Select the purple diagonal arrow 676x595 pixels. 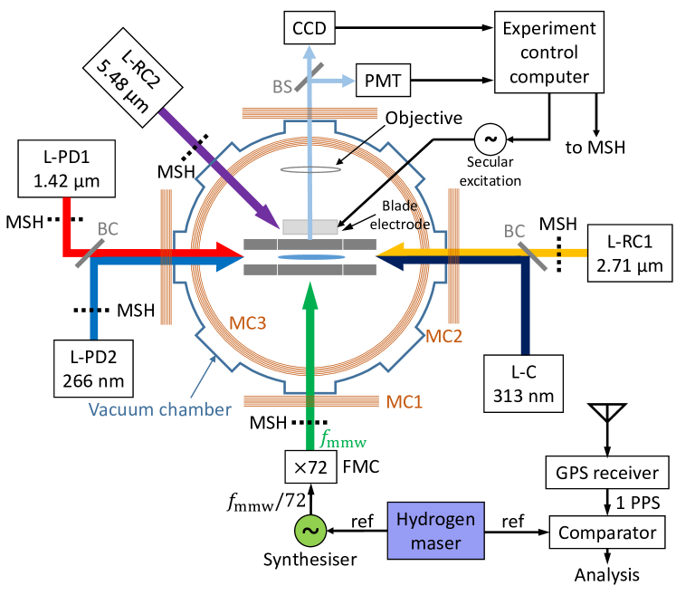click(217, 168)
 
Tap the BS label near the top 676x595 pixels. click(283, 87)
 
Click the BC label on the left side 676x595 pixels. click(108, 229)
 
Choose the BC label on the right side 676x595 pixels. click(514, 231)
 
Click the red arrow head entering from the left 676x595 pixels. click(231, 251)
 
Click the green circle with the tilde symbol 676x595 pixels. click(309, 531)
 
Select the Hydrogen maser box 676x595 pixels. click(435, 531)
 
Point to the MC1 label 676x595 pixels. click(405, 400)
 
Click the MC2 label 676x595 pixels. click(444, 336)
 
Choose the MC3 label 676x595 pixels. click(247, 322)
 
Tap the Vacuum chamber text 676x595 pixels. click(159, 408)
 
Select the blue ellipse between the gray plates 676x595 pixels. click(310, 257)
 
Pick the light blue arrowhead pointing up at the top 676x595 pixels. click(309, 53)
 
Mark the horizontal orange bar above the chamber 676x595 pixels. click(309, 112)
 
